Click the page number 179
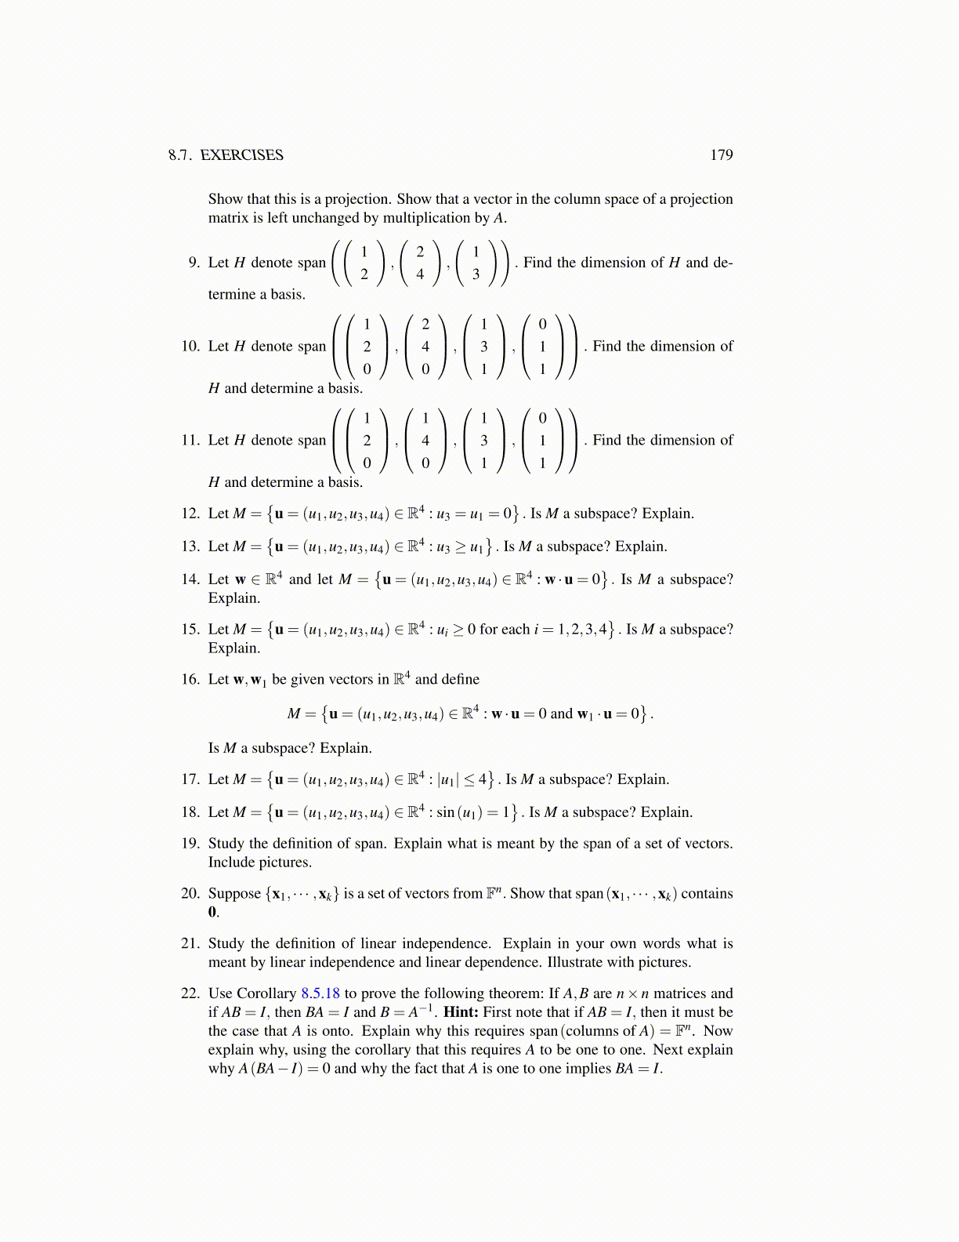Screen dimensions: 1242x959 [721, 154]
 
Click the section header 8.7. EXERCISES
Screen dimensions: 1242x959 [226, 154]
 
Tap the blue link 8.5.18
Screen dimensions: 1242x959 [320, 993]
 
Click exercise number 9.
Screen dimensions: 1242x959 [194, 263]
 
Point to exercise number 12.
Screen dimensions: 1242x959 [190, 514]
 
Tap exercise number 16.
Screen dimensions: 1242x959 [190, 679]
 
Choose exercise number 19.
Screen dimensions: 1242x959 [190, 844]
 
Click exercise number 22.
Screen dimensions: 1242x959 [190, 993]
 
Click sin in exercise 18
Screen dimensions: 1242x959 [445, 812]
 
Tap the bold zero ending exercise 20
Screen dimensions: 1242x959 [212, 913]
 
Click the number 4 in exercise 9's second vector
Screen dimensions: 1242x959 [420, 274]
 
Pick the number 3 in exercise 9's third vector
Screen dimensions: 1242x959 [476, 274]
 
